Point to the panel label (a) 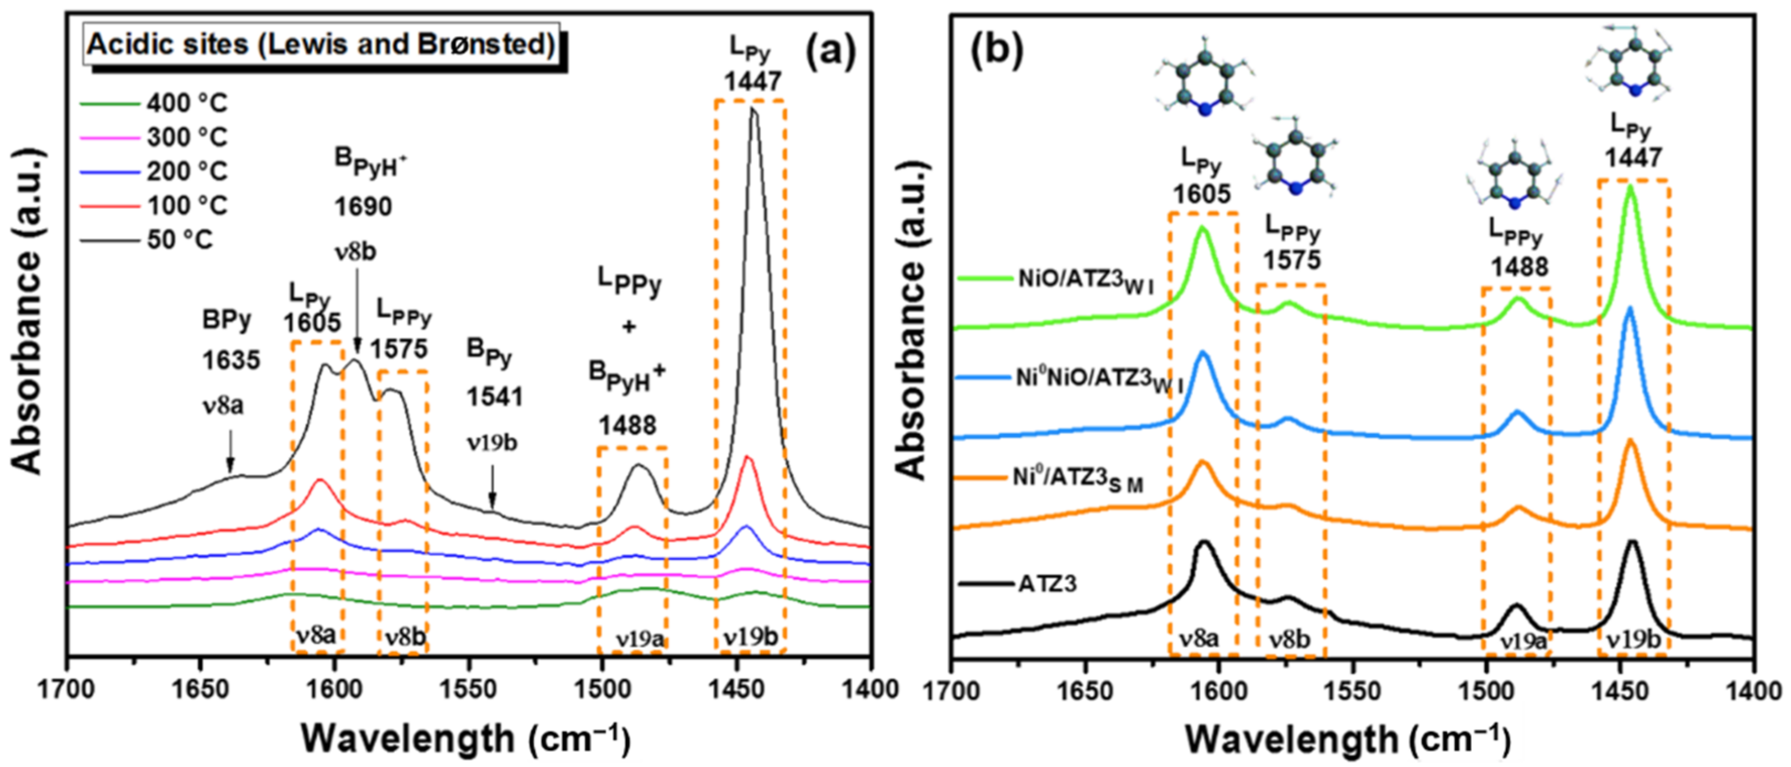[x=831, y=52]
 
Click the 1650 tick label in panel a [x=200, y=690]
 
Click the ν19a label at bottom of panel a [x=639, y=638]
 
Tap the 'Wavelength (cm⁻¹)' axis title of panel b [x=1349, y=740]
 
